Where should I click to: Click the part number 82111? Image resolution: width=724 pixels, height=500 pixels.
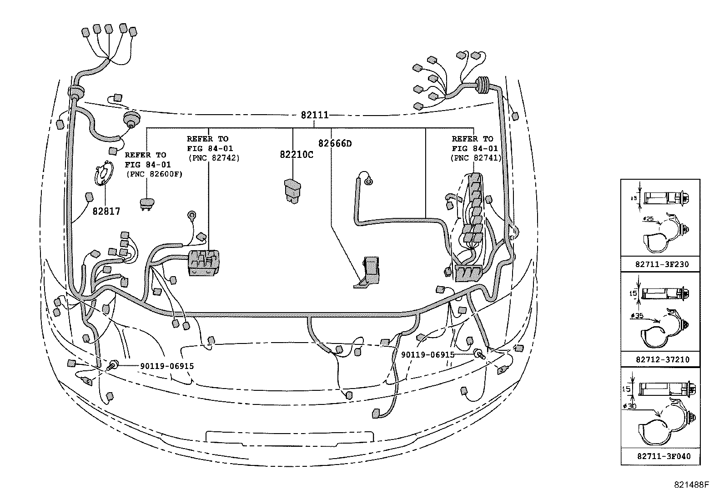tap(314, 115)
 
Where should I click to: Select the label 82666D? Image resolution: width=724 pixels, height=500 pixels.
tap(335, 144)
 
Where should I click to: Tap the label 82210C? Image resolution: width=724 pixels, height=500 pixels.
tap(297, 155)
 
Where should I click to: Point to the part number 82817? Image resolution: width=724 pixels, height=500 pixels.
tap(106, 211)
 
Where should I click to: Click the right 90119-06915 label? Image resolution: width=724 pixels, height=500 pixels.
tap(427, 354)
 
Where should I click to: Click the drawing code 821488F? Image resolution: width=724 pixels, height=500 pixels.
tap(692, 485)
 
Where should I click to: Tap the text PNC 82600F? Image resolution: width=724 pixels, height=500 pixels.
tap(154, 174)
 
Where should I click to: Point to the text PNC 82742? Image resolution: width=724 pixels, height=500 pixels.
tap(214, 158)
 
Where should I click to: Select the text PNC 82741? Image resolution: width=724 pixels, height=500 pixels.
tap(476, 158)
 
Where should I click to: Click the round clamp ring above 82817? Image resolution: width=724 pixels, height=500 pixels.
tap(105, 174)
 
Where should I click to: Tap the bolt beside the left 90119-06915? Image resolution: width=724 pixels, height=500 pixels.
tap(113, 364)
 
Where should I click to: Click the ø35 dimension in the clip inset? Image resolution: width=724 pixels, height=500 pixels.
tap(638, 315)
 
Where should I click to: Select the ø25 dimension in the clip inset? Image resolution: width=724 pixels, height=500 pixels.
tap(649, 219)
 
